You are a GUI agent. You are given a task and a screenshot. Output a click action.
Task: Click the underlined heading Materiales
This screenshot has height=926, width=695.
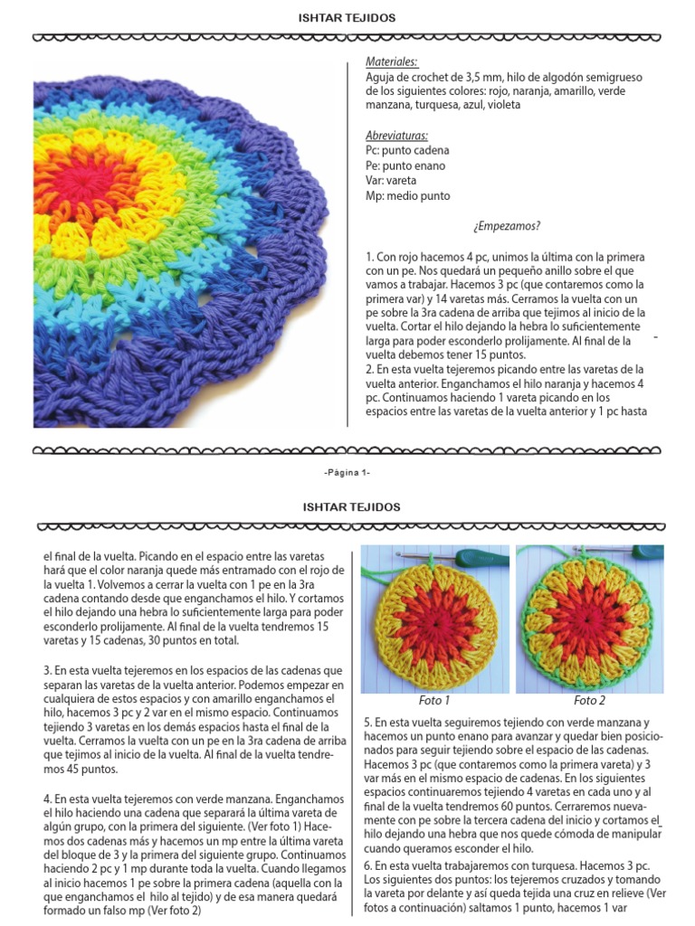pos(392,61)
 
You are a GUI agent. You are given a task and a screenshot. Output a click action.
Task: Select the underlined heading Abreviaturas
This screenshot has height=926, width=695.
pos(397,135)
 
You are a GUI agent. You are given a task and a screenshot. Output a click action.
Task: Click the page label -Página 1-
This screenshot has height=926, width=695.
pos(347,472)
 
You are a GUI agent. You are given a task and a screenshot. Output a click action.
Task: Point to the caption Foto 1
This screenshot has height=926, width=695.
pos(433,700)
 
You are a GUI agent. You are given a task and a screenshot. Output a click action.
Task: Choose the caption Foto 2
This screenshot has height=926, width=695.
pos(589,700)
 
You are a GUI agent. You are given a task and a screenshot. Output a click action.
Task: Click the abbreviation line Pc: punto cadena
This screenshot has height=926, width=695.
pos(407,150)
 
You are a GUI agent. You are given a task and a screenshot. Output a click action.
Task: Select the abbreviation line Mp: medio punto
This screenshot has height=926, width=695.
pos(407,195)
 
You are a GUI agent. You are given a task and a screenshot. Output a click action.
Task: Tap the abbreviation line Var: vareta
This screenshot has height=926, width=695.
pos(395,181)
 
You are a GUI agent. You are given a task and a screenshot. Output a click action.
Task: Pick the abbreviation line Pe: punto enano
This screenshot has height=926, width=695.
pos(405,165)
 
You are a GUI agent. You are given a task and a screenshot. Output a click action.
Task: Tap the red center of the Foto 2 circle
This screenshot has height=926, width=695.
pos(589,620)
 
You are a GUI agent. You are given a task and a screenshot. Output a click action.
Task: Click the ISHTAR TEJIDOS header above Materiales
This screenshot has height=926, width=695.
pos(347,17)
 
